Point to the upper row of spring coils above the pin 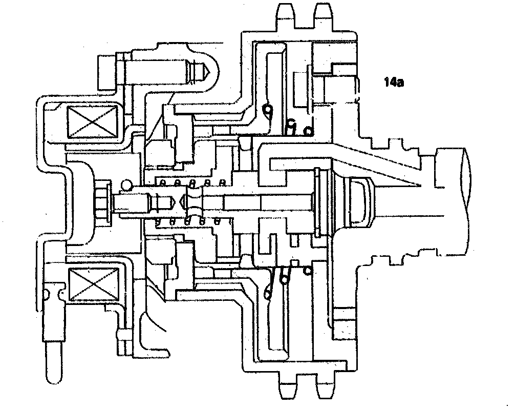click(192, 182)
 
